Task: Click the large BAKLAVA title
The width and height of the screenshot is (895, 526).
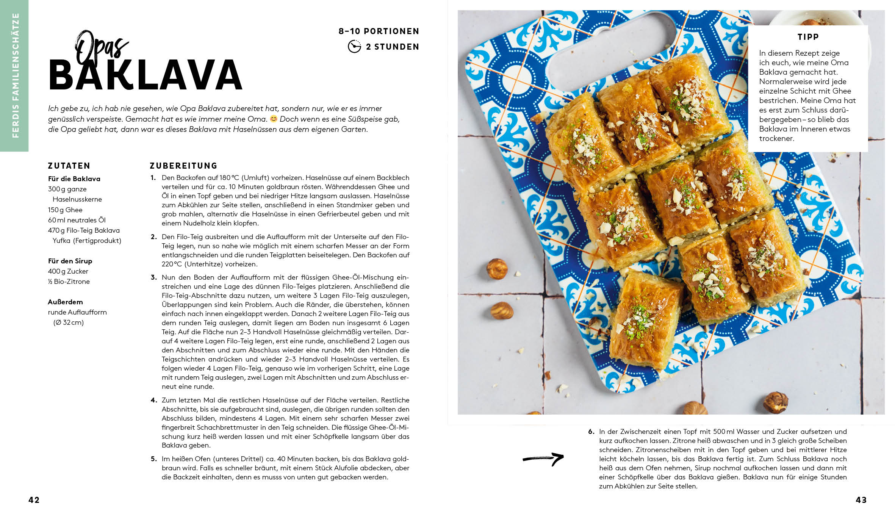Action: coord(146,75)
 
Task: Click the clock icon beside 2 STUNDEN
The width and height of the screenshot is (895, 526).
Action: coord(354,47)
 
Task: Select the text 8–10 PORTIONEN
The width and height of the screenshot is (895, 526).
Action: coord(379,31)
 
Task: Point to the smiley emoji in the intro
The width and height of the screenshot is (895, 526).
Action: coord(273,119)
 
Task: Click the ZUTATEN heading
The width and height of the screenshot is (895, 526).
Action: coord(69,166)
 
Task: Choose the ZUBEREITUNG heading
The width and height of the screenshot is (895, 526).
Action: coord(183,166)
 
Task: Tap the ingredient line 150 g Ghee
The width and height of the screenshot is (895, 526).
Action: coord(65,210)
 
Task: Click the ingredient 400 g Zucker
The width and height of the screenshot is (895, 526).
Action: coord(68,271)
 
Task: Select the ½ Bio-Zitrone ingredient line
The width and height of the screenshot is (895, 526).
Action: coord(69,282)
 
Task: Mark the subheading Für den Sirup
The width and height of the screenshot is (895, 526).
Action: coord(70,261)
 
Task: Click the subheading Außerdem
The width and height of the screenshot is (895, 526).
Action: coord(65,302)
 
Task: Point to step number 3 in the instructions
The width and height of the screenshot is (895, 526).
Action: coord(153,277)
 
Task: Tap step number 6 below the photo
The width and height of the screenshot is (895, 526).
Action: coord(591,432)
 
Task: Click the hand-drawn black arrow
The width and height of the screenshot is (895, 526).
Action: coord(543,459)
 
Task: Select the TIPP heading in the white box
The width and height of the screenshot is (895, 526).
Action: coord(808,37)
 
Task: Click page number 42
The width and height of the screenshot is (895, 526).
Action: coord(34,500)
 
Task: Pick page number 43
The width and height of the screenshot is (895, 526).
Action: coord(861,500)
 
